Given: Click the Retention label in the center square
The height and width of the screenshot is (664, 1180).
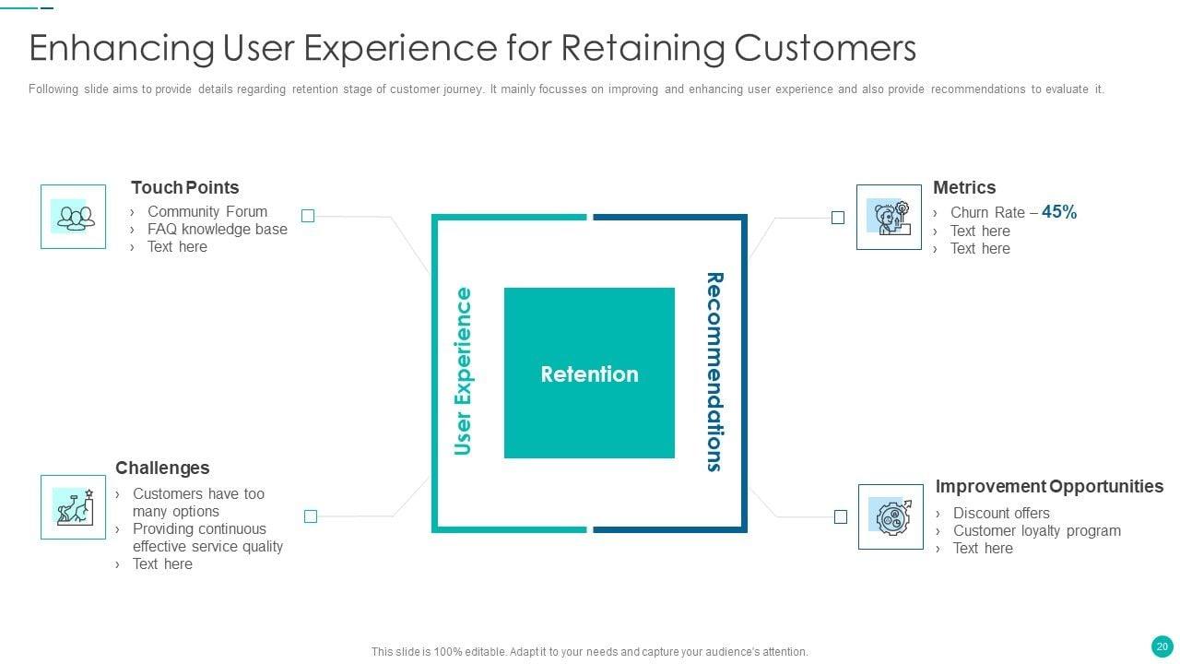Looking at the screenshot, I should pos(589,373).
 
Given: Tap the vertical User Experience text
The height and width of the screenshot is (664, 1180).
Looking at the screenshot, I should pos(463,372).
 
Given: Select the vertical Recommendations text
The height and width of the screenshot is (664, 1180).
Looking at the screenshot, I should pos(714,372).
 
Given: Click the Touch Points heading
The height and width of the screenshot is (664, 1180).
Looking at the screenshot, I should pos(184,187).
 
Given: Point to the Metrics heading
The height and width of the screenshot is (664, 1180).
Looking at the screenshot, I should pos(964,187).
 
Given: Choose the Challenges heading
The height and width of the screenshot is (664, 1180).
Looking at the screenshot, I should pos(162,468).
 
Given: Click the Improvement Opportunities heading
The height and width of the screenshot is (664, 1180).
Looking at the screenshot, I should pos(1049,486).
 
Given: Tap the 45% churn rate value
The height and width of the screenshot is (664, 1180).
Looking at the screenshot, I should pos(1059,212).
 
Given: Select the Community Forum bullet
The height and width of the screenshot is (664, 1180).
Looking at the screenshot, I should pos(207,211).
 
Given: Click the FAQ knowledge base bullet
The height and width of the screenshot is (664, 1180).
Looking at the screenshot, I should pos(218,229).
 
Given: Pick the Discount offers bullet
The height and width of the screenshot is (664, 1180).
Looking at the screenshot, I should pos(1001,513).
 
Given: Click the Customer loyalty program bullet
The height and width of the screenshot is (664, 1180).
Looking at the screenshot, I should pos(1037,530).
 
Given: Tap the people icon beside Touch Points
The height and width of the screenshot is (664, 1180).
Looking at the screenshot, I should pos(73,217).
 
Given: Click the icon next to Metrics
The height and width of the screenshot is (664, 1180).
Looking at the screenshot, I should pos(889,217).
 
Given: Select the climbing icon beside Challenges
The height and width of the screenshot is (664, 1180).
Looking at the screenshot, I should pos(73,506).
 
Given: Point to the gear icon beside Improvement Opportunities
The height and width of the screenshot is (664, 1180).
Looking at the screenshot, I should pos(891,516).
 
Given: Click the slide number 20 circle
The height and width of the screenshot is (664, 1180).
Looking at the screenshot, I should pos(1162,646).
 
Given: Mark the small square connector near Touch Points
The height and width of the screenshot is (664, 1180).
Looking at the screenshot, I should pos(308,216).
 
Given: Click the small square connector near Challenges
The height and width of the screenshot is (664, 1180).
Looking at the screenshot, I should pos(311,516).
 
